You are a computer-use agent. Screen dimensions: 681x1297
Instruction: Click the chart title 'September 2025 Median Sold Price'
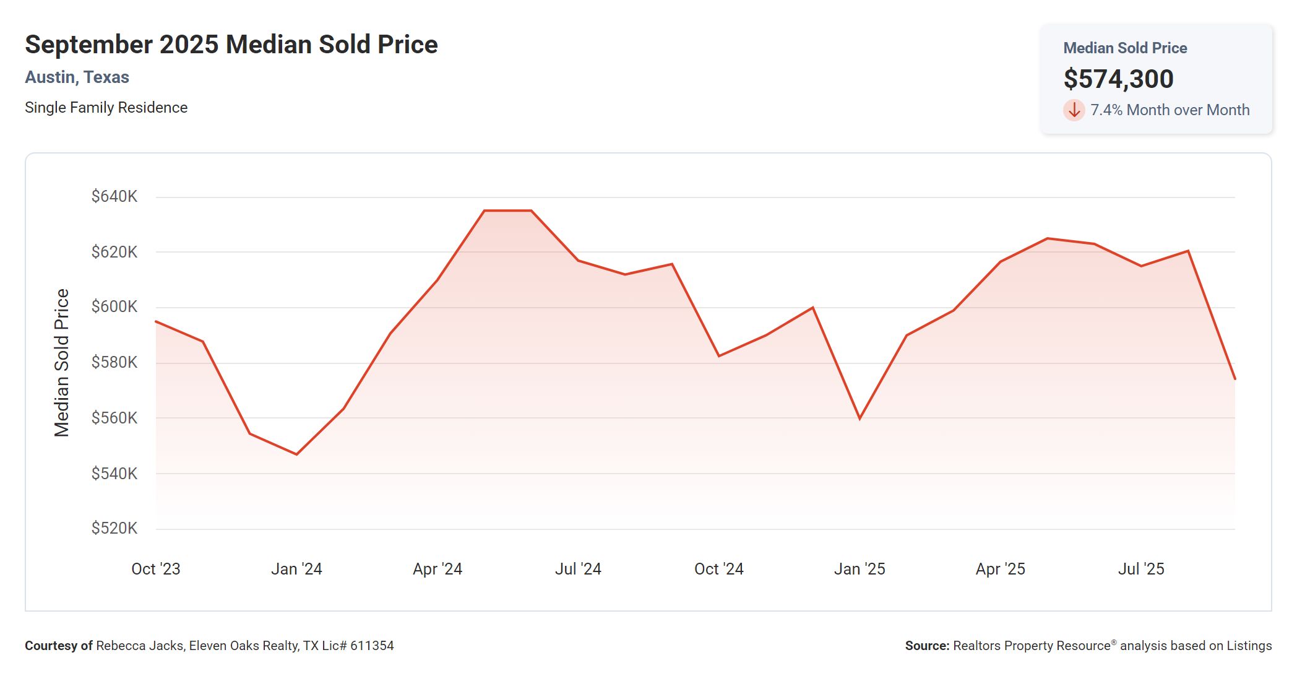231,45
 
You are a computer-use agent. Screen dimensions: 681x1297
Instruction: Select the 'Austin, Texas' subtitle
77,77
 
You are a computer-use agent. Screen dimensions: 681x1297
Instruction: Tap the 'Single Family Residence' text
106,108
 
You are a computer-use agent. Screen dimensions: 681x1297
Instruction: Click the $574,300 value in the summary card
1118,79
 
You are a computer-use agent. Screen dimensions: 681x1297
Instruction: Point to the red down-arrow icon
1074,110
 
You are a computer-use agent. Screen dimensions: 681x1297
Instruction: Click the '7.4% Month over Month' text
1170,110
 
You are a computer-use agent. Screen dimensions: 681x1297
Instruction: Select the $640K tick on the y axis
114,197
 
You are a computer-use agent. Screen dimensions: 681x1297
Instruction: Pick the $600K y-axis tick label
114,306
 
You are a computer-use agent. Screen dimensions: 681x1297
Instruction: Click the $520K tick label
114,528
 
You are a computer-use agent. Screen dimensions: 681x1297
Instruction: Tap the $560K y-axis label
114,418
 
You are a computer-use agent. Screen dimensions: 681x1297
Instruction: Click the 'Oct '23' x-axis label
156,569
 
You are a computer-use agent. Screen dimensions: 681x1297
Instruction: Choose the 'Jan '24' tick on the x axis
296,569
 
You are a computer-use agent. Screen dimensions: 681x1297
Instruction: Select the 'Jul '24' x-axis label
578,569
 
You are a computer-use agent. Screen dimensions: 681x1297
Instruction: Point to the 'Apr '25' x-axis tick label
1000,569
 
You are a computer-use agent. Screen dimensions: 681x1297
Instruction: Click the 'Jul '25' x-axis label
1141,569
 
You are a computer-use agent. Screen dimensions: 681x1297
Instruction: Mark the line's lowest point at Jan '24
297,454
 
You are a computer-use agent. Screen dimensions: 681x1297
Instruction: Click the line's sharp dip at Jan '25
860,419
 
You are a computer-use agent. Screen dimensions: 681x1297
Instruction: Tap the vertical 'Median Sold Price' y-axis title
62,363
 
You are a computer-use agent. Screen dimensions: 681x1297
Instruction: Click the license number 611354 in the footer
372,646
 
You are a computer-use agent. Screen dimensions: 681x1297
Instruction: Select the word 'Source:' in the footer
926,646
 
